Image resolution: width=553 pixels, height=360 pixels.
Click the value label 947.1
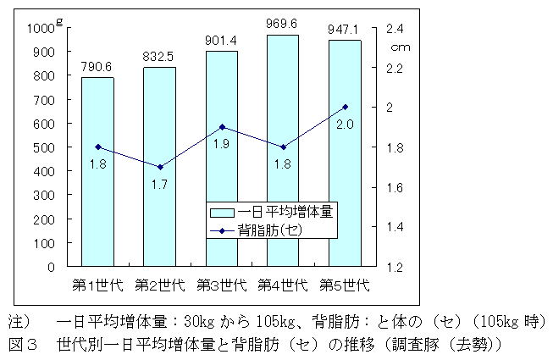(x=345, y=30)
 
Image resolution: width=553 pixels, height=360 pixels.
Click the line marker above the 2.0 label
(x=345, y=107)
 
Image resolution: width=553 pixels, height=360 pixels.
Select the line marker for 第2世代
(x=159, y=167)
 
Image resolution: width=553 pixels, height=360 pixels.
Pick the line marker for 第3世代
(x=221, y=127)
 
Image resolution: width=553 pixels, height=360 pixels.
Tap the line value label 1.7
(x=158, y=183)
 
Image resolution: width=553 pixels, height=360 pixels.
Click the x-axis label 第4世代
(x=283, y=284)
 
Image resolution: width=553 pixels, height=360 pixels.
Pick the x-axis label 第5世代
(x=345, y=284)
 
